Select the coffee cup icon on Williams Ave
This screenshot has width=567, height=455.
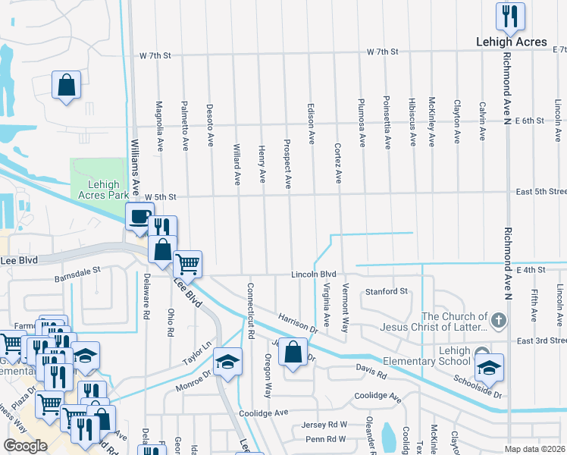[x=139, y=218]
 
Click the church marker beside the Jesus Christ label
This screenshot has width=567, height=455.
[x=497, y=321]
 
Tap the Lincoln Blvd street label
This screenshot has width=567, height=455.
[x=315, y=274]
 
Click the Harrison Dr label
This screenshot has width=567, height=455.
[x=297, y=324]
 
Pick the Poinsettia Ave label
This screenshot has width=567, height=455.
[x=387, y=121]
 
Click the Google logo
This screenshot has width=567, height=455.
[x=26, y=446]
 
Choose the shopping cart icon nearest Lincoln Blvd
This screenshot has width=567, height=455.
[x=188, y=265]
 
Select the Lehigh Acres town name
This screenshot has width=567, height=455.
[x=512, y=42]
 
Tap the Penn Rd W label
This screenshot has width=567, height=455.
[x=326, y=439]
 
